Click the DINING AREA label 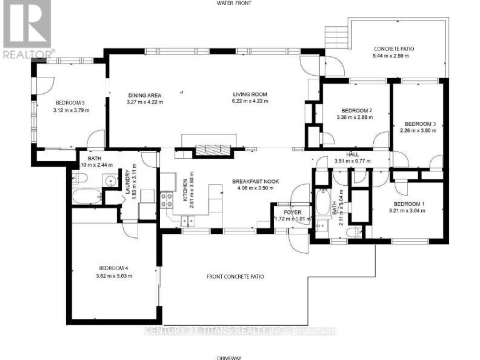[145, 95]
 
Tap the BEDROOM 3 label [418, 124]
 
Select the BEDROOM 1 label [409, 204]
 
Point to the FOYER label [293, 212]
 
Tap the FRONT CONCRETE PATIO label [236, 276]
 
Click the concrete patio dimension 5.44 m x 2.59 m [391, 56]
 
